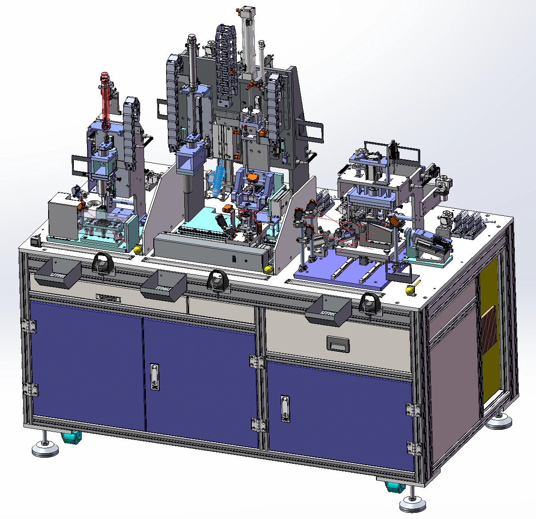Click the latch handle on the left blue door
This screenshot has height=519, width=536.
pyautogui.click(x=154, y=376)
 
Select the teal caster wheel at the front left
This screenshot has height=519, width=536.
pyautogui.click(x=71, y=438)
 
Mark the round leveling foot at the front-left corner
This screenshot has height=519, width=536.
pyautogui.click(x=45, y=449)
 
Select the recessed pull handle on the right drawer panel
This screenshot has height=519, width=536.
pyautogui.click(x=337, y=343)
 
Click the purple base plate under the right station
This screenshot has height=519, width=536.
pyautogui.click(x=336, y=274)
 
